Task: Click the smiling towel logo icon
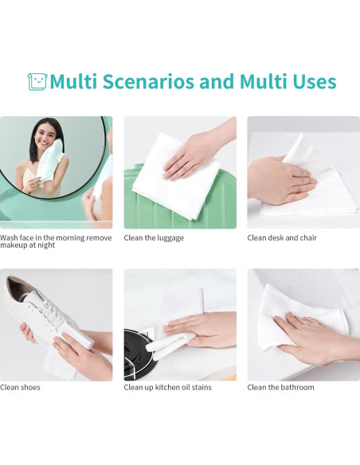pos(37,81)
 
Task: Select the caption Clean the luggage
pos(154,238)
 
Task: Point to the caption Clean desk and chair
pos(282,238)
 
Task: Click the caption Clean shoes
pos(20,387)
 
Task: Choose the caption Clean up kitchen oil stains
pos(167,387)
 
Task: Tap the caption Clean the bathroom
pos(280,387)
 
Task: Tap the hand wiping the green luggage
pos(198,156)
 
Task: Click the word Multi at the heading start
pos(73,81)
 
